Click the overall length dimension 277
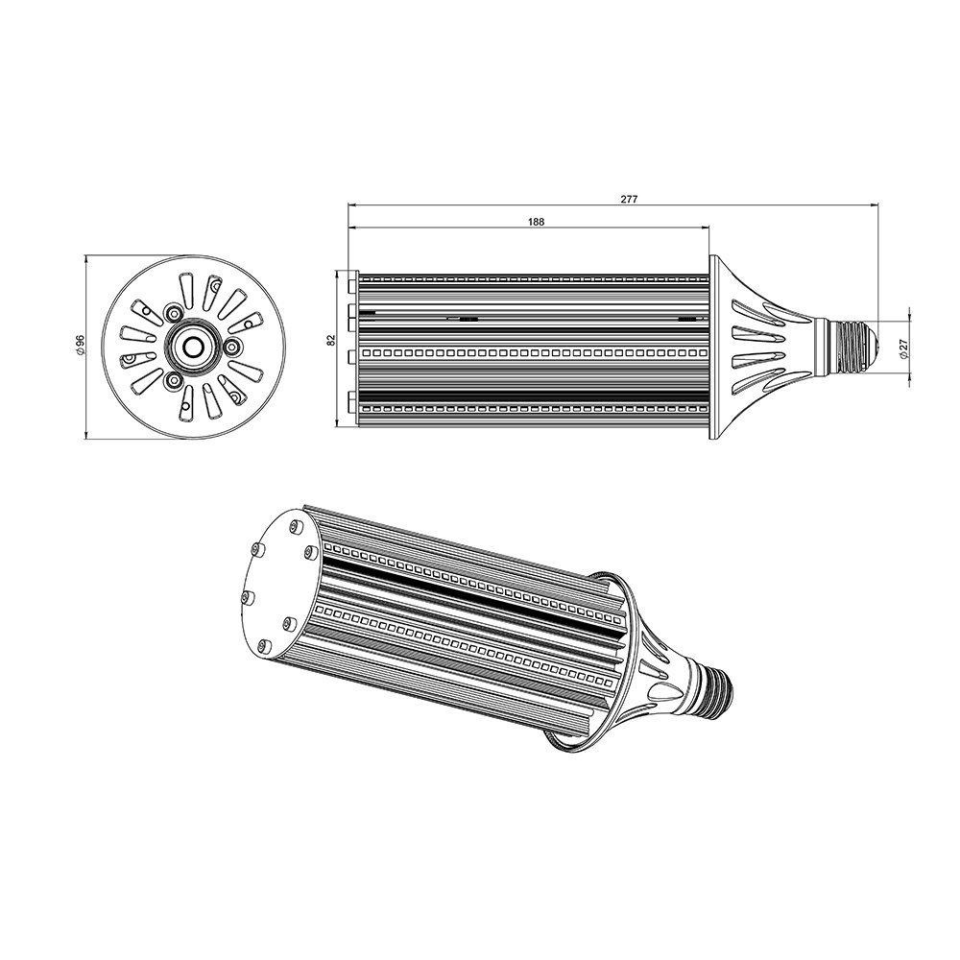[628, 199]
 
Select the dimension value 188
[536, 222]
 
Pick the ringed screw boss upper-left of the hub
[173, 314]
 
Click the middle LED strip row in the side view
[533, 353]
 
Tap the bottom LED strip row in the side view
[533, 412]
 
